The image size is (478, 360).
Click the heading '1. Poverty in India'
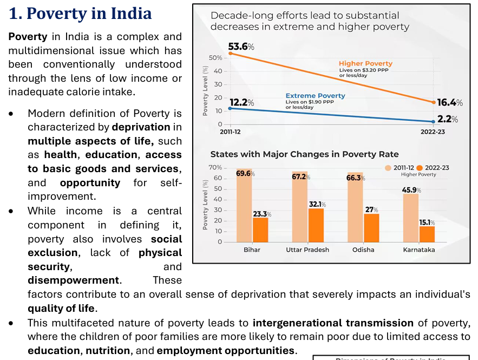[80, 13]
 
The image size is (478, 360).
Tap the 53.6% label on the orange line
[241, 47]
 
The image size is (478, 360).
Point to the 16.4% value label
[450, 102]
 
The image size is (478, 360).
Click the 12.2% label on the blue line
[241, 102]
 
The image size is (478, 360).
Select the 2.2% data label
[448, 119]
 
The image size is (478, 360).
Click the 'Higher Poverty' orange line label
[365, 64]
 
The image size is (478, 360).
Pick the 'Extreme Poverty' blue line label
[315, 96]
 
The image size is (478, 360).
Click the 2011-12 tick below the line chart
[230, 132]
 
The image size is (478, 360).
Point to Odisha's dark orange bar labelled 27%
[371, 227]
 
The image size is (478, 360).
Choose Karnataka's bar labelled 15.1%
[427, 234]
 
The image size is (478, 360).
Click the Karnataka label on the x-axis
[419, 250]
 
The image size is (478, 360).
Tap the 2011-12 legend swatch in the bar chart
[389, 168]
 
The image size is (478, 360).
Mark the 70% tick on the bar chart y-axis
[215, 168]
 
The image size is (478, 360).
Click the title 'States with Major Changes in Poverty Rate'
[304, 154]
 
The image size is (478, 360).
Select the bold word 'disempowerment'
[74, 280]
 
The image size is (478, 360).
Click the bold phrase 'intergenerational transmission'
[333, 323]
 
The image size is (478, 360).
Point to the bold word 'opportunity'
[90, 183]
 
